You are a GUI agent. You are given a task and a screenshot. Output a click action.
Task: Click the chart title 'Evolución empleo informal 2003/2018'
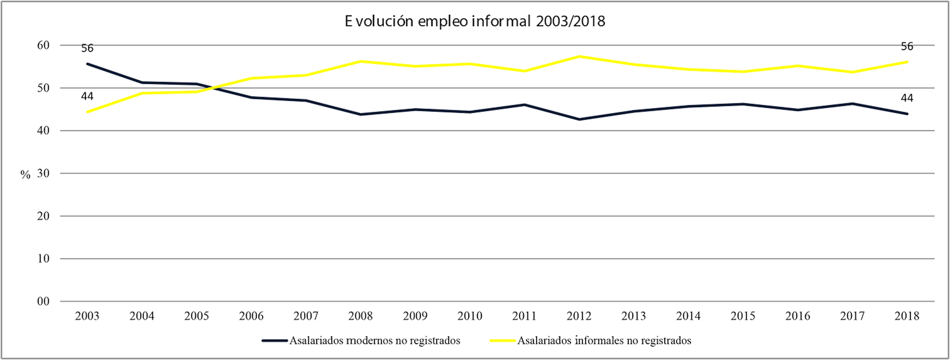coord(475,21)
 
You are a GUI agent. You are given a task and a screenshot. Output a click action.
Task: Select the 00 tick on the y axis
coord(43,301)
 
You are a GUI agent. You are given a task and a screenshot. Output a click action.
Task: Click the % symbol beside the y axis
coord(25,174)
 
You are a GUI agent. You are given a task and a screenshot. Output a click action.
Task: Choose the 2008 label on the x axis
coord(360,316)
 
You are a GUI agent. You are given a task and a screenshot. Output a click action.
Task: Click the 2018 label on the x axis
coord(907,316)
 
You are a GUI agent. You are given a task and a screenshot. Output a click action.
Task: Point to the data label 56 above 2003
coord(87,48)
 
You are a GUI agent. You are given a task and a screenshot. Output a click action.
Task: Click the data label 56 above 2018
coord(907,46)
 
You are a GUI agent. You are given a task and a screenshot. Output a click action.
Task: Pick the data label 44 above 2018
coord(907,98)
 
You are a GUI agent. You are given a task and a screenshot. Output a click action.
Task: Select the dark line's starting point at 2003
coord(87,64)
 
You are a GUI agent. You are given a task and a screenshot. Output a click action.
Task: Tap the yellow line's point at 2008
coord(360,61)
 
